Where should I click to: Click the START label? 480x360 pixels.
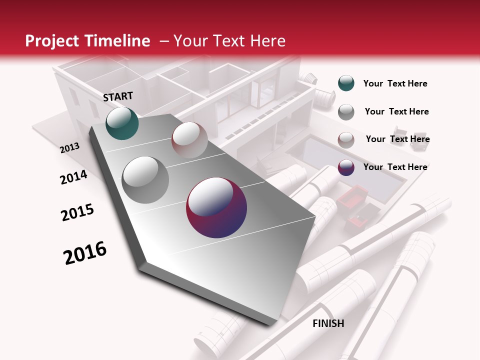pos(118,96)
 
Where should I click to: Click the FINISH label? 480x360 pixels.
pos(328,323)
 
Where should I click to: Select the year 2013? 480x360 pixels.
pos(69,148)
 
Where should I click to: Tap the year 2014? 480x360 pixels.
pos(73,177)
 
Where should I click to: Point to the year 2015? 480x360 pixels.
pos(77,212)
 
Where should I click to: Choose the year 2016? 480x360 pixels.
pos(85,253)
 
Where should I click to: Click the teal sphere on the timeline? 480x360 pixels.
pos(122,123)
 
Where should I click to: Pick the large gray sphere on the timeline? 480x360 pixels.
pos(145,179)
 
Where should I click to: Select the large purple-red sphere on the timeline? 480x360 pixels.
pos(216,207)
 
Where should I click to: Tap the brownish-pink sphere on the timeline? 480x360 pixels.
pos(189,140)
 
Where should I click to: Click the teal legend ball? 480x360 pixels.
pos(346,83)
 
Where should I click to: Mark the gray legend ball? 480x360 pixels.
pos(346,112)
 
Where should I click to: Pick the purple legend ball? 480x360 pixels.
pos(346,167)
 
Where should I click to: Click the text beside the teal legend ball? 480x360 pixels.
pos(395,83)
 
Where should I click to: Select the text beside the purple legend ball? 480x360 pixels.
pos(395,167)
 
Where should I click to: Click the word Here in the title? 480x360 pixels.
pos(267,41)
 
